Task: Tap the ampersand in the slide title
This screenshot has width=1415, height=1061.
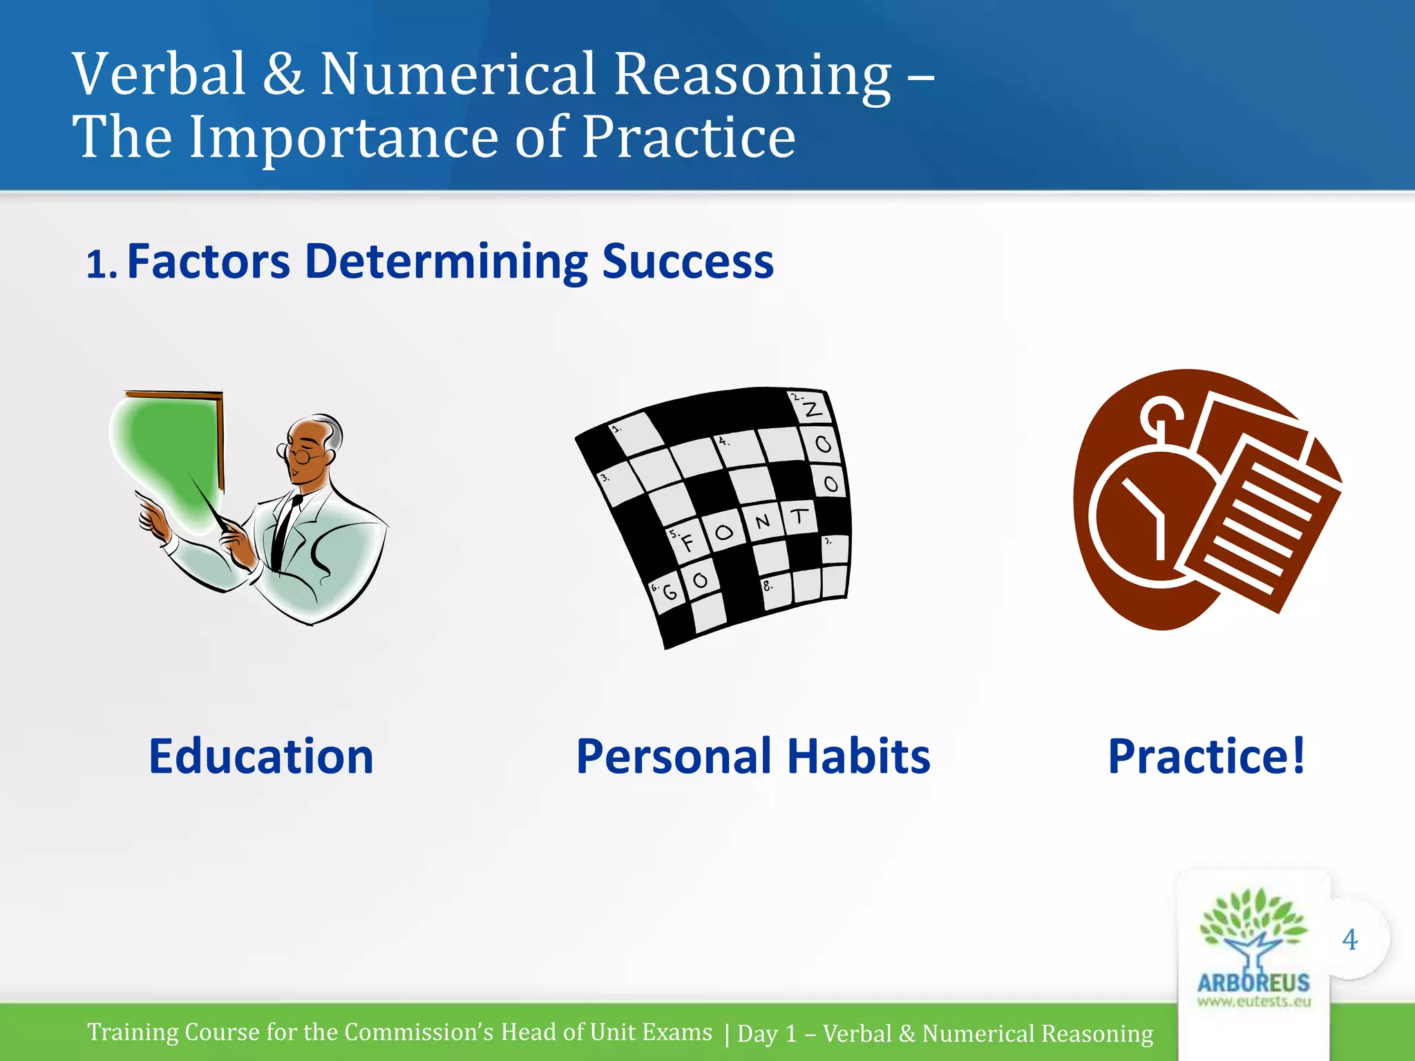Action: [x=283, y=75]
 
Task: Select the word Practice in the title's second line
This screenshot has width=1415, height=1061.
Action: [x=688, y=137]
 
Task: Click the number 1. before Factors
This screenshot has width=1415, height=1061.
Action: [x=102, y=265]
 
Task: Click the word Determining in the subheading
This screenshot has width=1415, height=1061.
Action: [x=446, y=262]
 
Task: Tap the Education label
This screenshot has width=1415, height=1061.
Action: [x=261, y=756]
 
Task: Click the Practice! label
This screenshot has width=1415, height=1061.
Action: [x=1206, y=756]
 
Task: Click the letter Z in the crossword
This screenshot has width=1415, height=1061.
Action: [x=813, y=410]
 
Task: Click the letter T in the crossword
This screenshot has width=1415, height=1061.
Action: [x=799, y=516]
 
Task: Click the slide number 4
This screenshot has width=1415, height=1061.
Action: [x=1349, y=939]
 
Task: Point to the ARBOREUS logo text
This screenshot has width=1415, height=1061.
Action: [x=1253, y=982]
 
